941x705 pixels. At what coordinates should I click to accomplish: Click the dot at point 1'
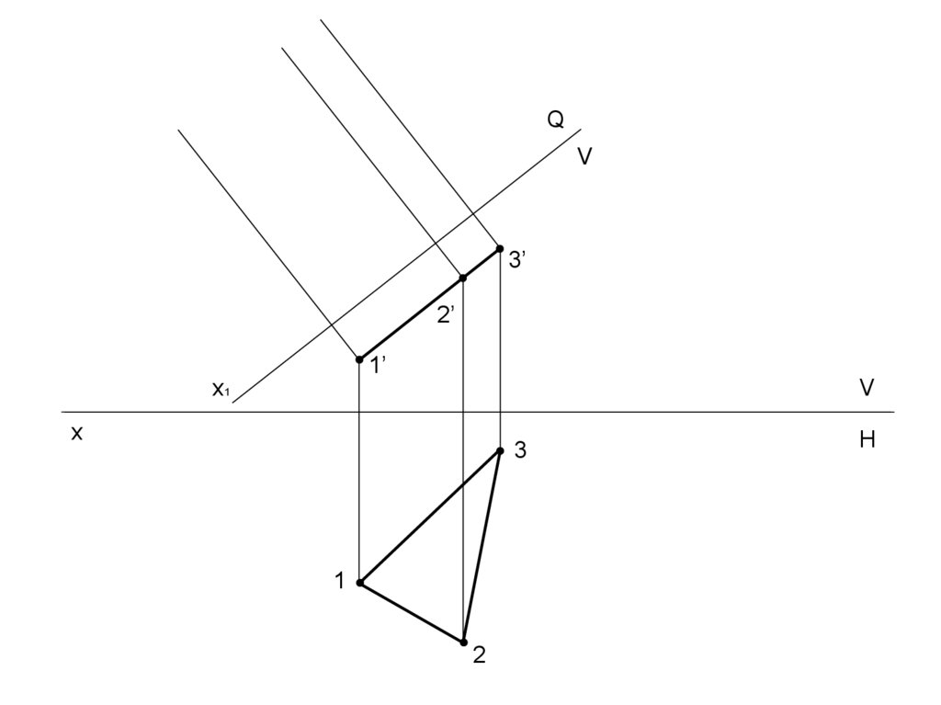click(359, 359)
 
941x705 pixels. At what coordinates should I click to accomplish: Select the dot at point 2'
click(463, 278)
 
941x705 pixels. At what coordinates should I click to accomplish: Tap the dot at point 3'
click(500, 249)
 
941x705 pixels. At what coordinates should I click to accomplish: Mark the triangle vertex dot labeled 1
click(360, 583)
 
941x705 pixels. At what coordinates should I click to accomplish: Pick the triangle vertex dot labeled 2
click(464, 642)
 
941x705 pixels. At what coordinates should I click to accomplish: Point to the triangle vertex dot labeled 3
click(500, 450)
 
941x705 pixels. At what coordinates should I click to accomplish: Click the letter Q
click(556, 120)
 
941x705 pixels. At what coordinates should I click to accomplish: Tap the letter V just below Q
click(584, 157)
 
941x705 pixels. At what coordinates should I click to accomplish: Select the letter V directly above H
click(867, 388)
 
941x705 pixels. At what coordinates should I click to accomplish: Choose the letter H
click(867, 440)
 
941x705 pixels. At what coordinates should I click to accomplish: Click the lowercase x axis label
click(77, 434)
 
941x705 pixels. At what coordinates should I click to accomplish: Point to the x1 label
click(221, 390)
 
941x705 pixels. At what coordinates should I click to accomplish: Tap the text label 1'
click(378, 366)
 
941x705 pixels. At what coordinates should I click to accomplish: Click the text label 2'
click(446, 315)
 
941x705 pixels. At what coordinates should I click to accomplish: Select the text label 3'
click(516, 261)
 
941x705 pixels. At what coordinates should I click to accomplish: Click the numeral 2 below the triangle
click(479, 655)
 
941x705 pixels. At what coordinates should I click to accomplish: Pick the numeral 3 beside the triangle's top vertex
click(520, 450)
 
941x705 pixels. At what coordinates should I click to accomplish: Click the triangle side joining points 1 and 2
click(412, 612)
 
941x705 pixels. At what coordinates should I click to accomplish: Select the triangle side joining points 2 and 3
click(482, 546)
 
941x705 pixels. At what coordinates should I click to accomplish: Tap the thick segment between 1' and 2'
click(411, 319)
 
